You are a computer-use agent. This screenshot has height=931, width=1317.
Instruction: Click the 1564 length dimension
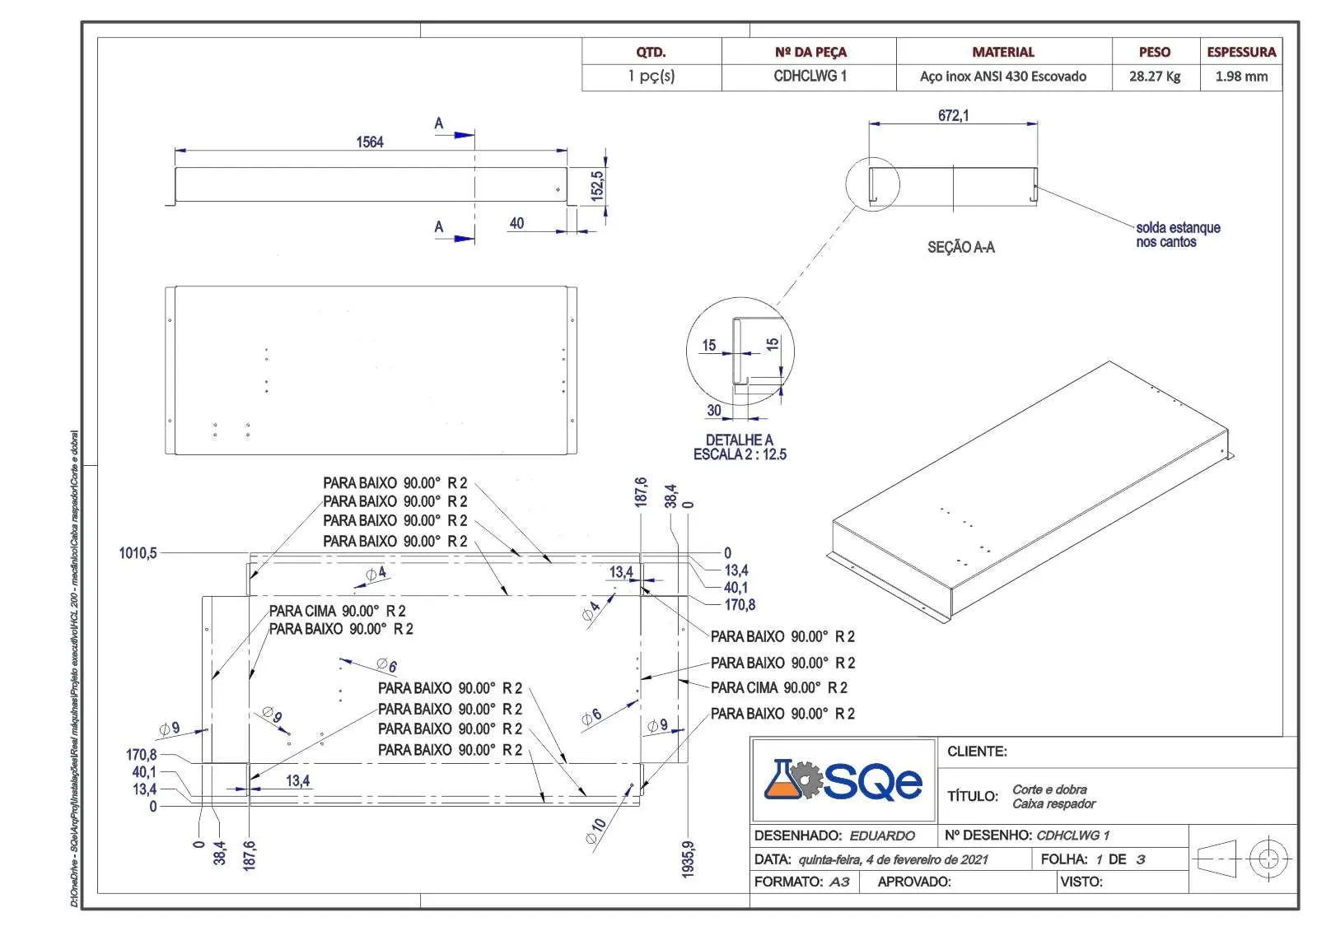tap(369, 142)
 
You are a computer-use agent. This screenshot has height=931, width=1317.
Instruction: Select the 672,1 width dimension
tap(953, 116)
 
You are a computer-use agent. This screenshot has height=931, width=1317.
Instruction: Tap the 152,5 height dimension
tap(597, 186)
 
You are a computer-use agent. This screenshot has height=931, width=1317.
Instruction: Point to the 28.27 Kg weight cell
tap(1154, 77)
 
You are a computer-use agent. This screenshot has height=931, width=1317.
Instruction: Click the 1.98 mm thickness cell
tap(1241, 77)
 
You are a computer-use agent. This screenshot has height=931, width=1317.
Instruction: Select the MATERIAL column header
tap(1003, 52)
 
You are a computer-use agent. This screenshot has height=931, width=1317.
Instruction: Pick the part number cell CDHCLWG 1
tap(810, 76)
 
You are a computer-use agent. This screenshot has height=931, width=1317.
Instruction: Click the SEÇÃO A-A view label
tap(960, 248)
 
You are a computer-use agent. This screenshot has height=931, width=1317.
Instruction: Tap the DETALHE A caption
tap(739, 440)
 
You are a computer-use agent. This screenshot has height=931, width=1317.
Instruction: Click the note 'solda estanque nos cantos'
tap(1178, 235)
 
